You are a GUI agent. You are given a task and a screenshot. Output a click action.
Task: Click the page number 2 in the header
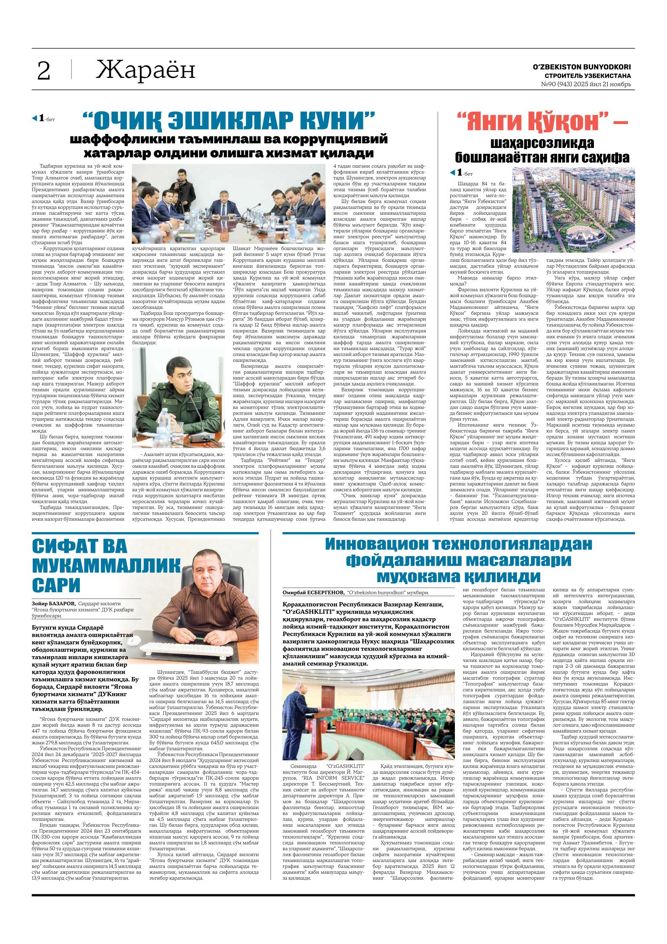coord(44,71)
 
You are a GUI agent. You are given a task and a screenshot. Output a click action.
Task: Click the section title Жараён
coord(146,70)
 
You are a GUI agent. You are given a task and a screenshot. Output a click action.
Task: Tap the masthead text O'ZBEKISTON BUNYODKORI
coord(581,67)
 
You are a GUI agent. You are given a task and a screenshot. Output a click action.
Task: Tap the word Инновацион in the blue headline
coord(381,544)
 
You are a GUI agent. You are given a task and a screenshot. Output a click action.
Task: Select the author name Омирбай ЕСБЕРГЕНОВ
coord(314,592)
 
